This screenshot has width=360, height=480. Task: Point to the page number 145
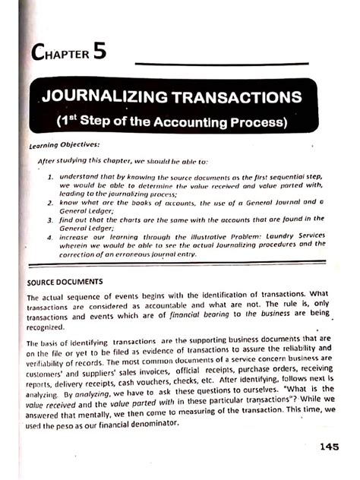333,447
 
